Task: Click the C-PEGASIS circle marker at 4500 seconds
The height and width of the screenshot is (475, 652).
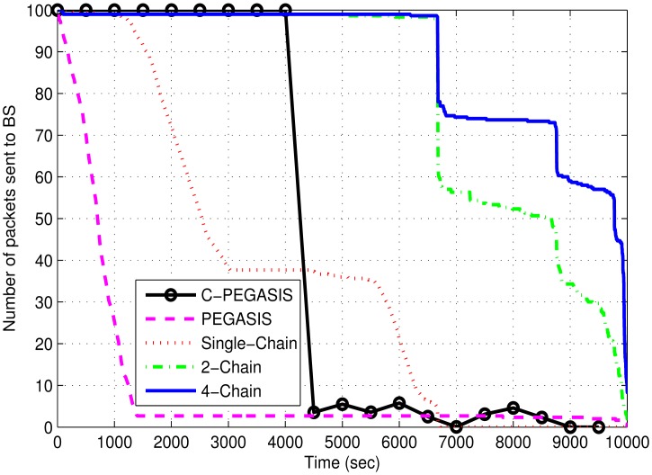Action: click(314, 412)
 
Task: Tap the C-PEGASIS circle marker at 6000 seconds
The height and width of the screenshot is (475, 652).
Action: click(399, 403)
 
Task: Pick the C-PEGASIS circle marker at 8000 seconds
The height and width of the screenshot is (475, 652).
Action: click(513, 408)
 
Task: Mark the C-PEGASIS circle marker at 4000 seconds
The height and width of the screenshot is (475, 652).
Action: click(285, 11)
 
